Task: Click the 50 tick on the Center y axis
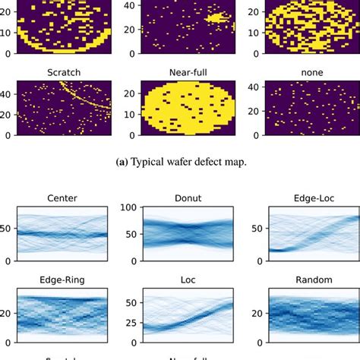(x=7, y=227)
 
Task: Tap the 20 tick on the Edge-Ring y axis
(x=7, y=311)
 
